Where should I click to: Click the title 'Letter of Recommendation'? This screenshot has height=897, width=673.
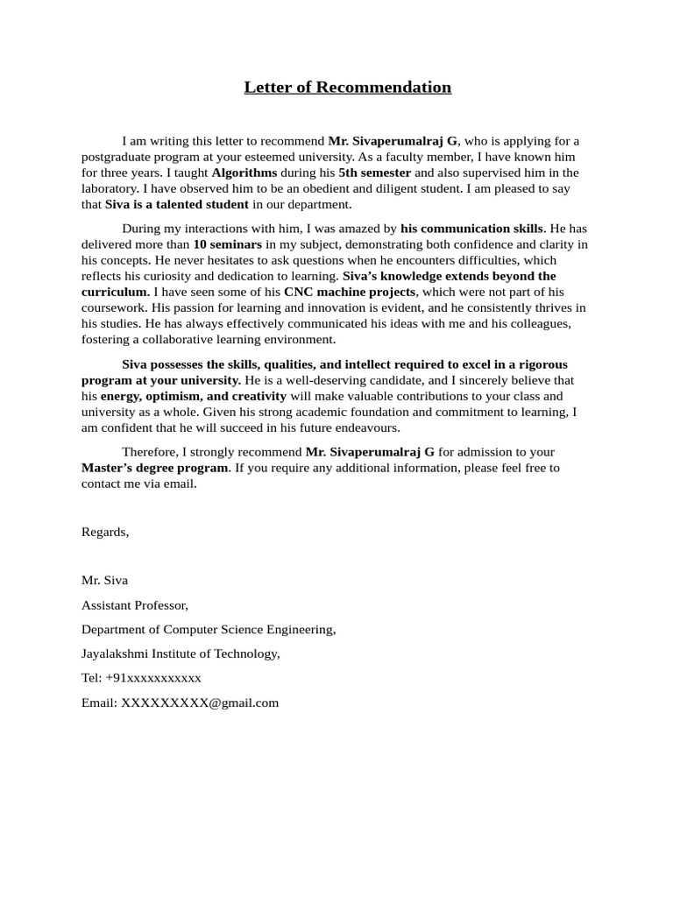coord(347,87)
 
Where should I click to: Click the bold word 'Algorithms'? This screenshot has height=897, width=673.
coord(244,173)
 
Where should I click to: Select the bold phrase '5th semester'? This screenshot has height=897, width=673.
coord(374,173)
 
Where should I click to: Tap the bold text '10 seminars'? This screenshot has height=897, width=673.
coord(227,244)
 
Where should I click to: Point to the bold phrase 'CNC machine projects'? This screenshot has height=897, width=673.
coord(350,292)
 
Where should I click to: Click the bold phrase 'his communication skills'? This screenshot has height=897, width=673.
coord(471,229)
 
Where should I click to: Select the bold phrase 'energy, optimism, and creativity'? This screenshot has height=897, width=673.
coord(193,396)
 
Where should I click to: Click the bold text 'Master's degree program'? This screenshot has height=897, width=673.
coord(155,468)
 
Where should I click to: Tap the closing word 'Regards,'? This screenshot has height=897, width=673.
coord(105,532)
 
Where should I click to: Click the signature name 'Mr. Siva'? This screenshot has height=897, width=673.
coord(104,580)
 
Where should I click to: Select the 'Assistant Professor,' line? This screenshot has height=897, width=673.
coord(135,604)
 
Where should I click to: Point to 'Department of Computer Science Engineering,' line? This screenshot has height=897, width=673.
coord(209,629)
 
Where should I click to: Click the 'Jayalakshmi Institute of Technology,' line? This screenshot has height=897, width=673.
coord(181,653)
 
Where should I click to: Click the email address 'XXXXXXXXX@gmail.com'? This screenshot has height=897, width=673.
coord(200,703)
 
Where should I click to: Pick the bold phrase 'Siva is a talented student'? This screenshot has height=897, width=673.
coord(177,204)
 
